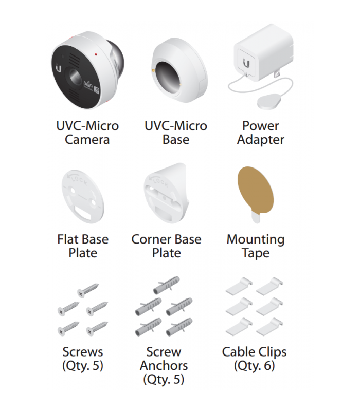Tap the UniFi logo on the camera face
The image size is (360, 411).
[88, 84]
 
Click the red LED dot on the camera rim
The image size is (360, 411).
[96, 54]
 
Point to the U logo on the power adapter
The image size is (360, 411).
[246, 63]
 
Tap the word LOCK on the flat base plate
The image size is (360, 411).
[79, 180]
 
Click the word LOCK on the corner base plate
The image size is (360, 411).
[160, 182]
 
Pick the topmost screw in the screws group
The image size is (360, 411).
[88, 290]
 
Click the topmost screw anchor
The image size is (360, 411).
[167, 285]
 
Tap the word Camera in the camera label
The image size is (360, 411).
[87, 139]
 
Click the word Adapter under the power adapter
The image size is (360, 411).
[261, 140]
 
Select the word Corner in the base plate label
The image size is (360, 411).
[151, 239]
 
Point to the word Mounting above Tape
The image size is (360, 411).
[256, 240]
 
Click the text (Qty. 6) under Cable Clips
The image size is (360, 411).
[254, 366]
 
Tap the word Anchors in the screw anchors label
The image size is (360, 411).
[164, 366]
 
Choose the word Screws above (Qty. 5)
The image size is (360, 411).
[83, 352]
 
